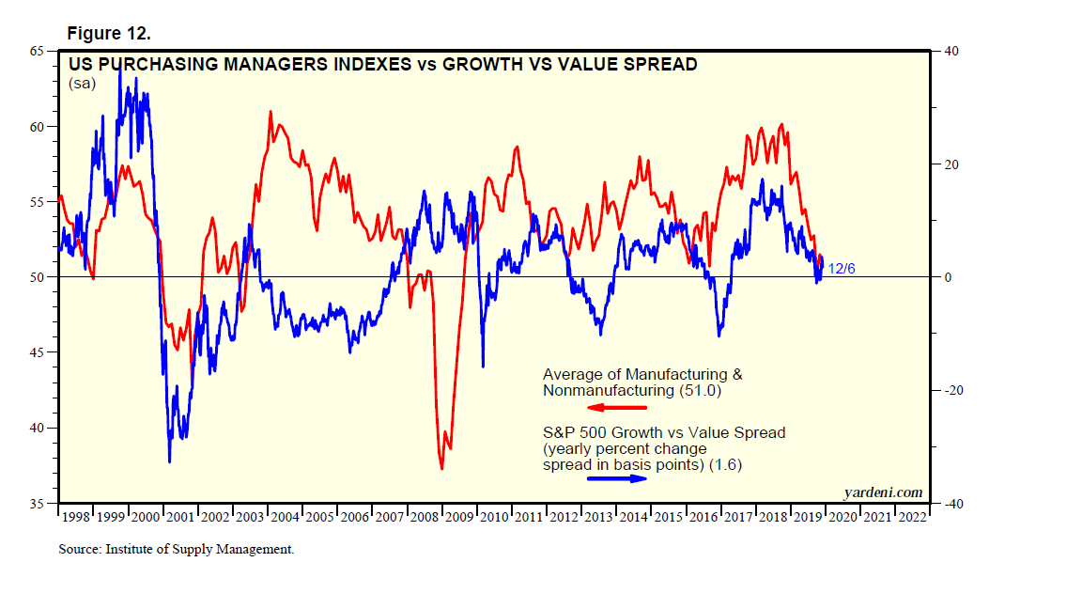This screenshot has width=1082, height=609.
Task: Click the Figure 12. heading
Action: point(109,34)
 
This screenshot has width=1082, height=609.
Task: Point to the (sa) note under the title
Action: point(82,84)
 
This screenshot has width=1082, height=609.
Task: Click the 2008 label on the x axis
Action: point(425,517)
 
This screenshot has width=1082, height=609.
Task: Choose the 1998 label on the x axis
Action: point(76,517)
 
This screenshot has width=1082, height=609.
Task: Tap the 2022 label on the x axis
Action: point(911,517)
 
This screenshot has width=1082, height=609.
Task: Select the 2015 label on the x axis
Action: point(668,517)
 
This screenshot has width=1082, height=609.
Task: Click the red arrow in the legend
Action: point(617,407)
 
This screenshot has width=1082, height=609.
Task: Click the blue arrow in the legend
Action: point(617,478)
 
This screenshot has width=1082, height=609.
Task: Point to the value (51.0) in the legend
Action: point(703,390)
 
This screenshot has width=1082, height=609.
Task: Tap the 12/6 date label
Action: point(841,270)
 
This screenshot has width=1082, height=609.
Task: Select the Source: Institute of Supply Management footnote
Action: point(176,550)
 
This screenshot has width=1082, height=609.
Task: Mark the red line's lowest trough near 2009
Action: point(441,468)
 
